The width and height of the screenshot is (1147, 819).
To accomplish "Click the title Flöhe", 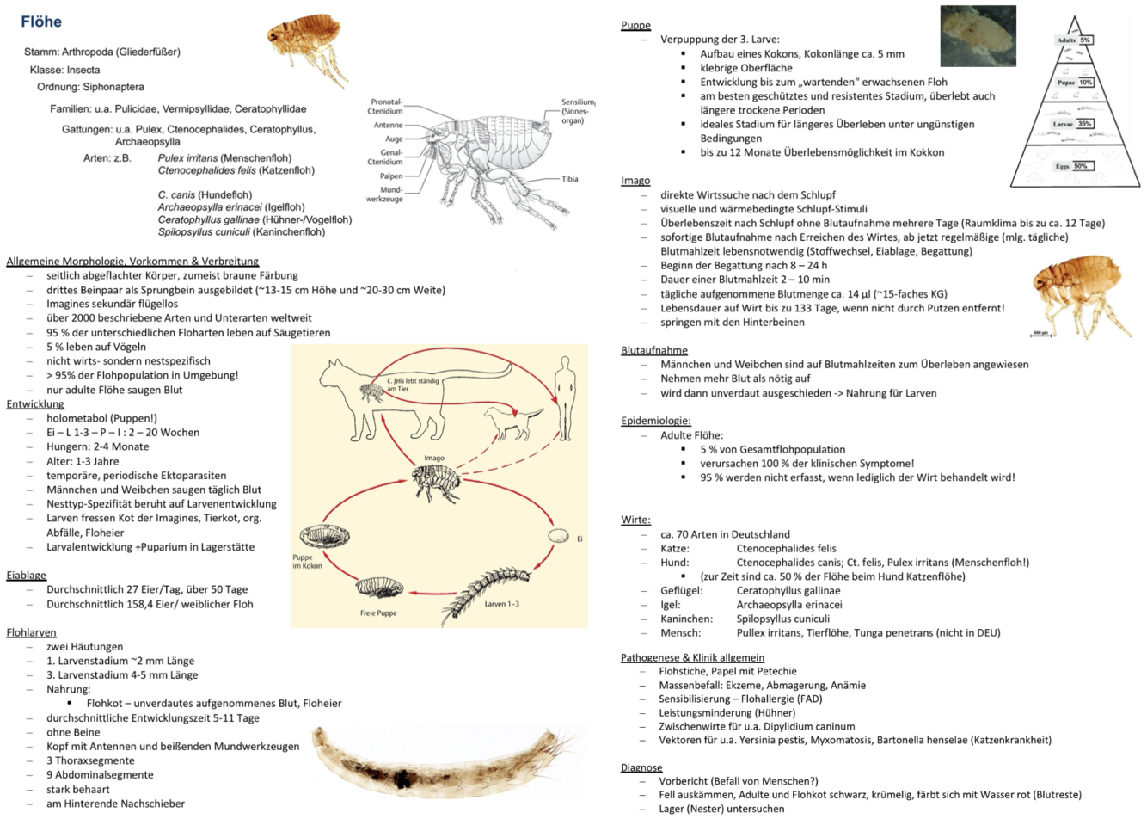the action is pos(41,22).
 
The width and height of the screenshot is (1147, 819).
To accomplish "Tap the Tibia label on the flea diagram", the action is pos(570,179).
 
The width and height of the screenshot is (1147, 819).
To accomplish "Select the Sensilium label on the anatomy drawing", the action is pos(578,111).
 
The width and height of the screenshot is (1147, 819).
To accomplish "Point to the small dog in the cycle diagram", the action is pos(513,422).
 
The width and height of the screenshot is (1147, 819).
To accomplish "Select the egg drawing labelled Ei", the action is pos(558,536).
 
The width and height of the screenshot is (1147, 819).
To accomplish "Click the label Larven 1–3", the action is pos(501,604).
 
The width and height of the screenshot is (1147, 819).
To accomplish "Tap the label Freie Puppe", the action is pos(378,613).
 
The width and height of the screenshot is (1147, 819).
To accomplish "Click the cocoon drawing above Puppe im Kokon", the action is pos(324,535).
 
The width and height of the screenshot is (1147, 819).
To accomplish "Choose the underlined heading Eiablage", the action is pos(26,576).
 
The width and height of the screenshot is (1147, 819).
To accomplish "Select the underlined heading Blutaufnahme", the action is pos(654,350).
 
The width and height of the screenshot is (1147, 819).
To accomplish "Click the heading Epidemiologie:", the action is pos(656,421).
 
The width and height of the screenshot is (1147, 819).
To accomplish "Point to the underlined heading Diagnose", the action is pos(641,767).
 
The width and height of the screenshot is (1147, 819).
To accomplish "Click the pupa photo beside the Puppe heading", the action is pos(978,36).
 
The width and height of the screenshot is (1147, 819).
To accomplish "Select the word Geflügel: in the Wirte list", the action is pos(681,591).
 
